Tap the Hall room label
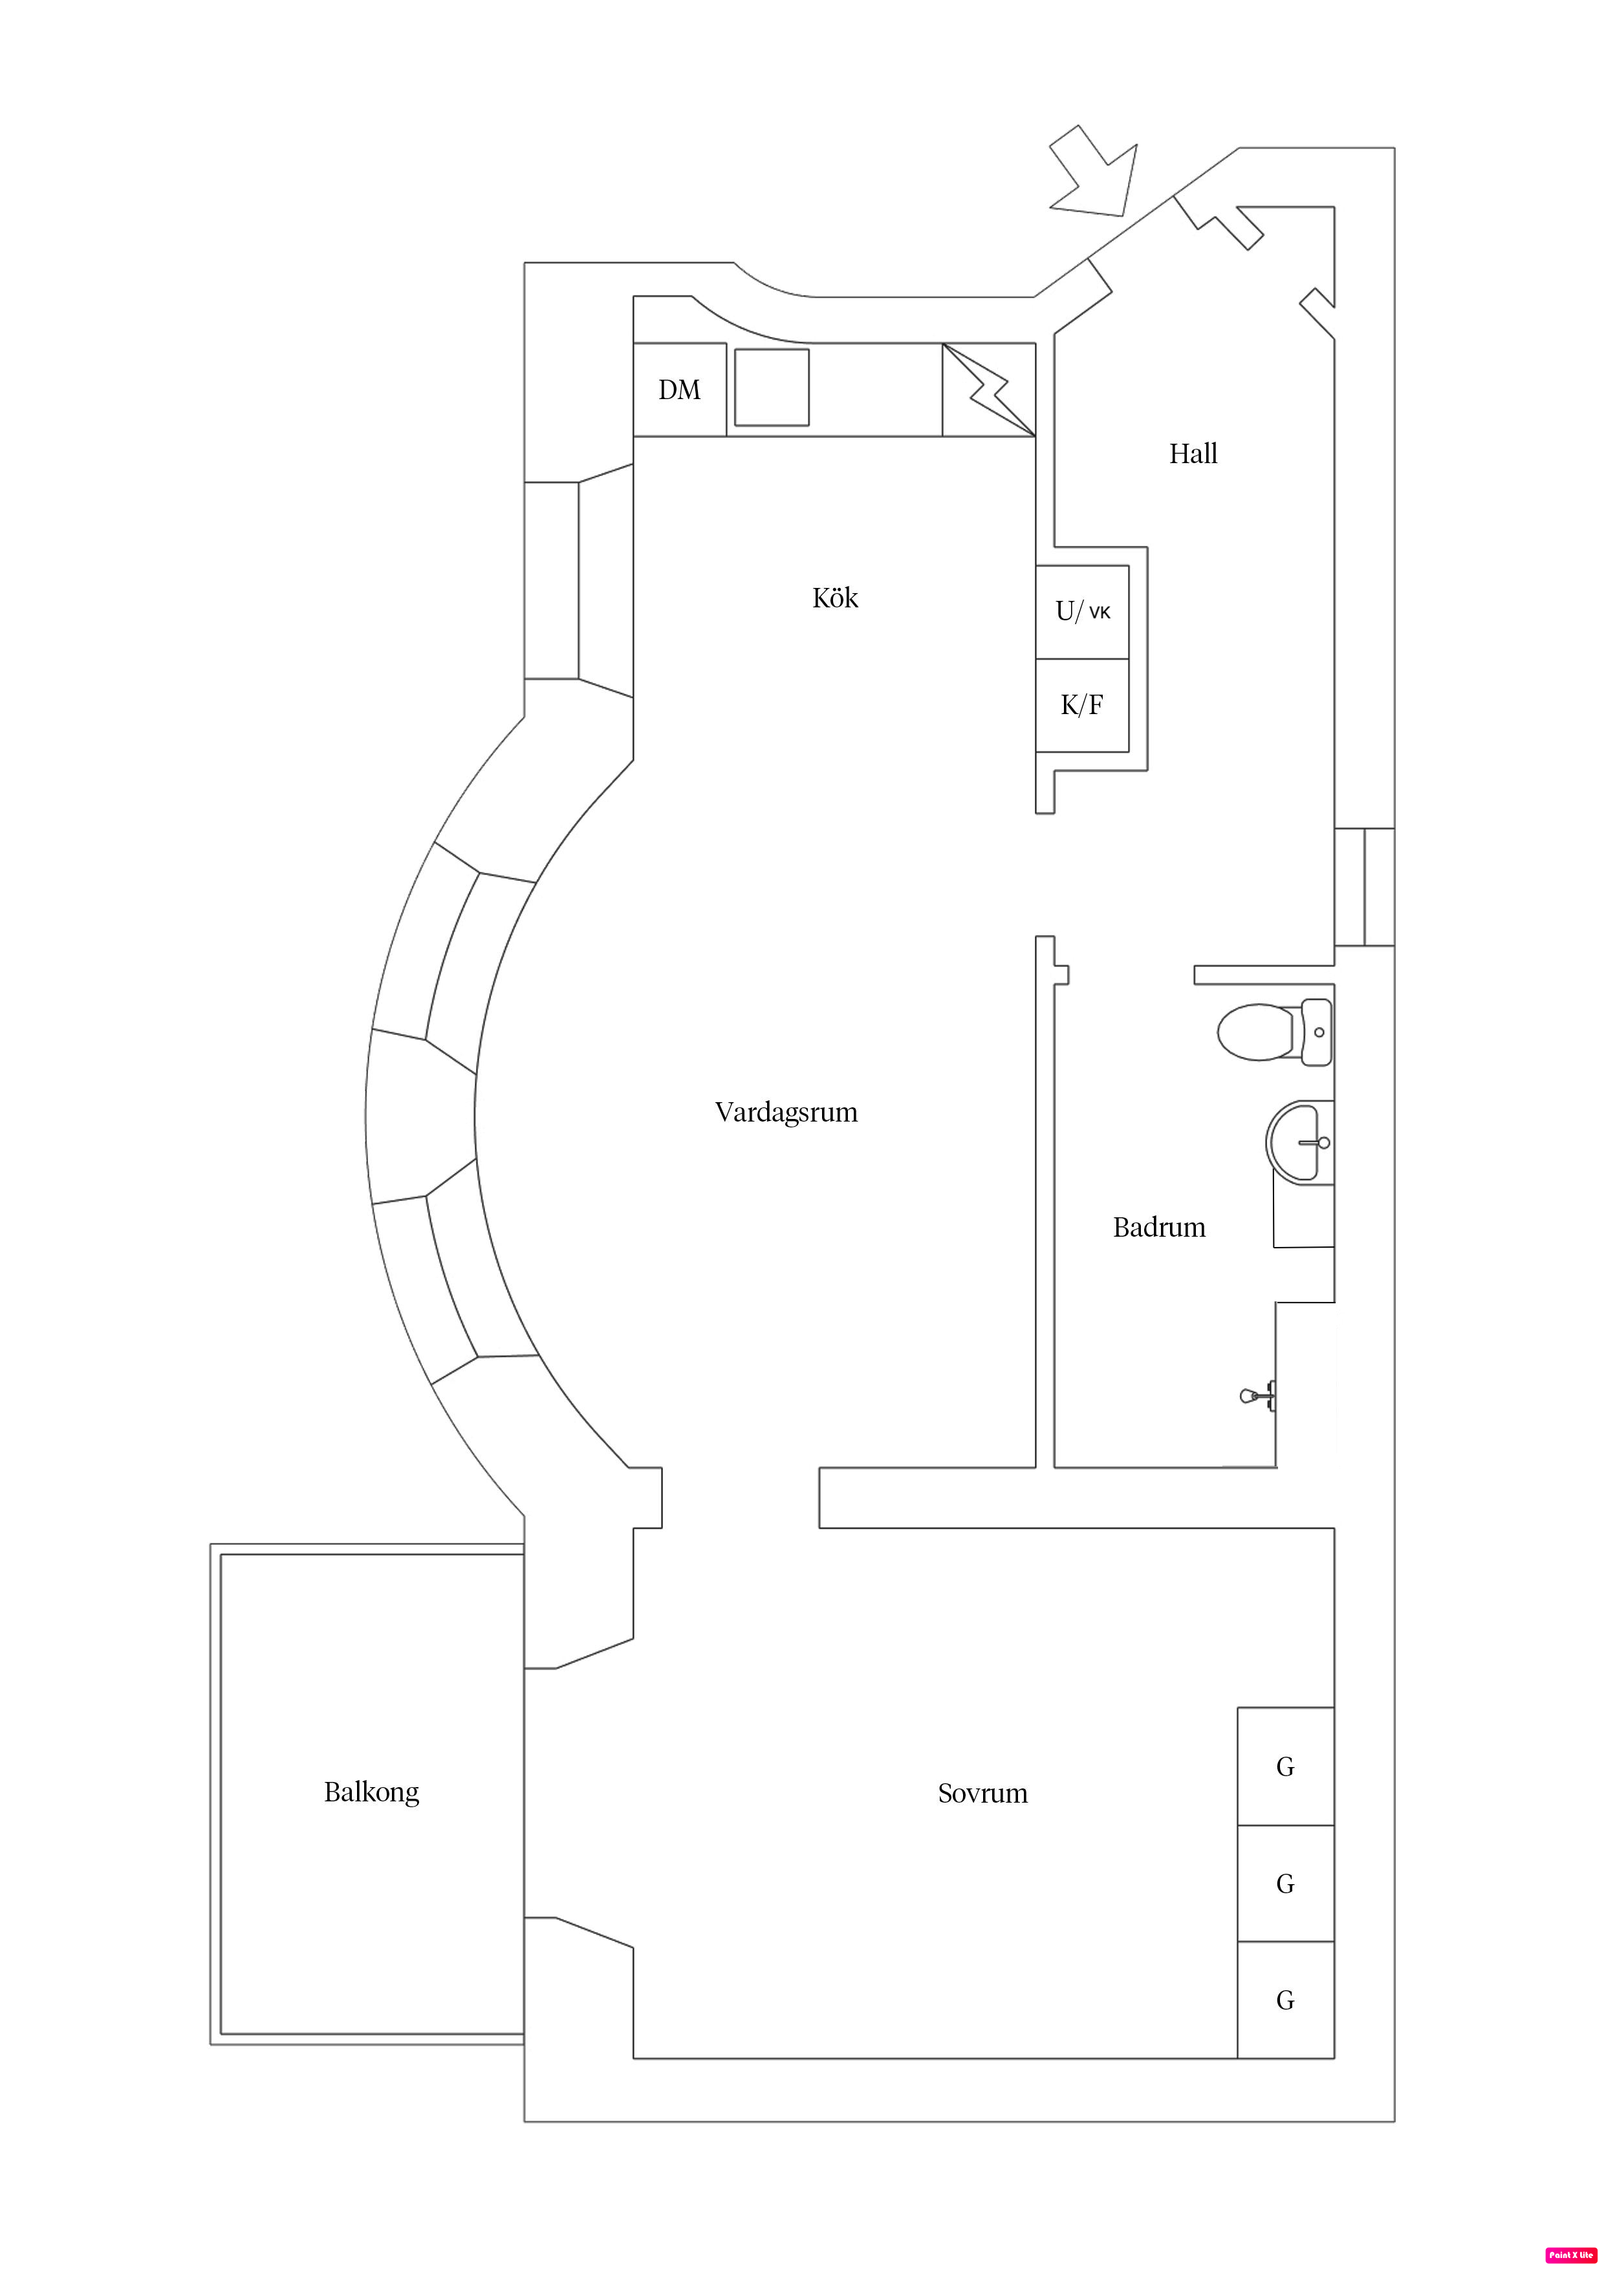pos(1193,453)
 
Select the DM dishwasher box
pos(679,389)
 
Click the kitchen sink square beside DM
pos(772,387)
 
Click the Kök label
pos(835,598)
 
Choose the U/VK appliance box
pos(1082,612)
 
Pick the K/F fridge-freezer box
pos(1082,704)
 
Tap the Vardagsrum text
pos(786,1113)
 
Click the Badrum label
pos(1158,1228)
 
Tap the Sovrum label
pos(982,1794)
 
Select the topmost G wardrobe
pos(1284,1767)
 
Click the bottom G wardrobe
pos(1284,2000)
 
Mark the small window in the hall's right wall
pos(1364,887)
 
